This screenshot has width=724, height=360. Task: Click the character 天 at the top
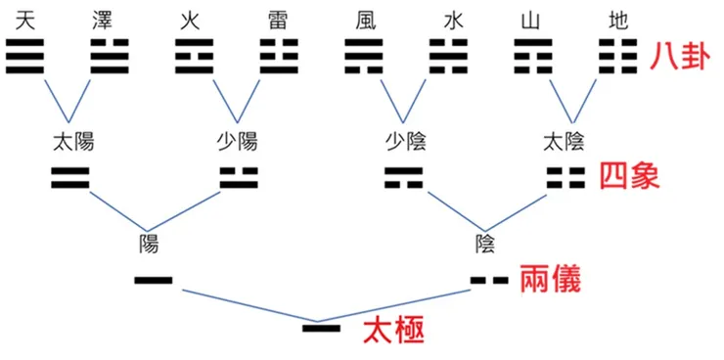pyautogui.click(x=24, y=20)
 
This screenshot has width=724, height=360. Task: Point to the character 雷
pyautogui.click(x=277, y=20)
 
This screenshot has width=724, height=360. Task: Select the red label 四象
pyautogui.click(x=628, y=177)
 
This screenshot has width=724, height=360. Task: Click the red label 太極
pyautogui.click(x=393, y=330)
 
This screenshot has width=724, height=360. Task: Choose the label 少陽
pyautogui.click(x=236, y=141)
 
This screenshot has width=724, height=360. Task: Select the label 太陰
pyautogui.click(x=565, y=141)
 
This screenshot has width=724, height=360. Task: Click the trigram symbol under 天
pyautogui.click(x=24, y=58)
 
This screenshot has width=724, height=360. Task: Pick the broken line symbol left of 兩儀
pyautogui.click(x=489, y=281)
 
